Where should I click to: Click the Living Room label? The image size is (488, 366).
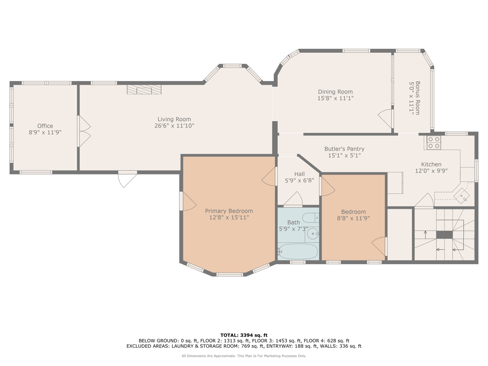tap(174, 119)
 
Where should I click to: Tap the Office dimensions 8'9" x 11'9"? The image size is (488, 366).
tap(45, 133)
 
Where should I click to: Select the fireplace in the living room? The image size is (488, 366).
tap(144, 89)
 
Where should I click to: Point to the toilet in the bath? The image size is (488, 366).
tap(311, 218)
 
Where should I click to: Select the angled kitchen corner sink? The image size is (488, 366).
tap(462, 196)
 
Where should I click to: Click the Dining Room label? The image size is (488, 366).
tap(335, 92)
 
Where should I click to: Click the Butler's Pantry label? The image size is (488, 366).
tap(344, 149)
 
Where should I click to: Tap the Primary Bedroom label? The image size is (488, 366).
tap(229, 211)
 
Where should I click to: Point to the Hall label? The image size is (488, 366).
tap(299, 174)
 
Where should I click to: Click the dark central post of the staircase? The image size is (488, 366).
tap(444, 235)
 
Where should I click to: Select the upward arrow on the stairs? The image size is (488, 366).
tap(425, 235)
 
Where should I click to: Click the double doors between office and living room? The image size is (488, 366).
tap(84, 131)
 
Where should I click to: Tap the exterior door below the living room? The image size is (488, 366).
tap(127, 179)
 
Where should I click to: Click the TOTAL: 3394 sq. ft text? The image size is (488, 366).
tap(244, 335)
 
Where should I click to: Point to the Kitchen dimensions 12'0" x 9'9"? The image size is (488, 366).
tap(431, 171)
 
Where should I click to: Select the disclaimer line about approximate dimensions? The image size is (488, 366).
tap(244, 356)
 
